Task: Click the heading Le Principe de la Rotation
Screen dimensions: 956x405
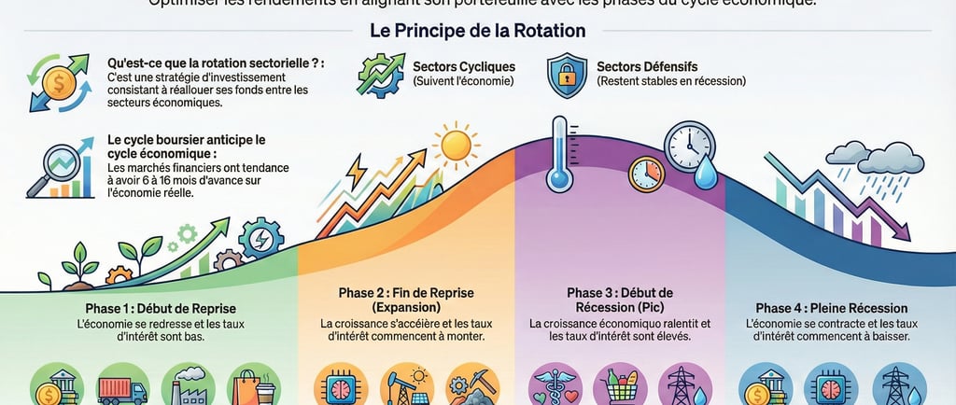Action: (477, 30)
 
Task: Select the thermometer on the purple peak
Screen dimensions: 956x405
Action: (560, 153)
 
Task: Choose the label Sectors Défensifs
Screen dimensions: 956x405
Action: (646, 67)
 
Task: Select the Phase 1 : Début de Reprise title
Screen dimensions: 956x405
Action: (155, 308)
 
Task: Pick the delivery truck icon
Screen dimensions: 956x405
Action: (121, 386)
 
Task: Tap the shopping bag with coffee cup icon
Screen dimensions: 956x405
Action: (252, 386)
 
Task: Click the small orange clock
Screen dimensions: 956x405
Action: (645, 174)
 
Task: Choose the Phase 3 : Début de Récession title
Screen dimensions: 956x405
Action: (612, 300)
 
